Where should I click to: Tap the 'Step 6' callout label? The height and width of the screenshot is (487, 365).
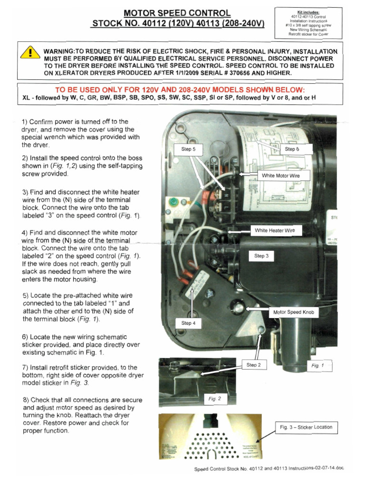(292, 149)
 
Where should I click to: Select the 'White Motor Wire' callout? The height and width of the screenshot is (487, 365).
(281, 175)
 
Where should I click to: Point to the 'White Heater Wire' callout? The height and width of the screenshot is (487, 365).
(275, 231)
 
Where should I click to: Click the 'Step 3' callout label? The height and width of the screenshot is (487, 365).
(261, 256)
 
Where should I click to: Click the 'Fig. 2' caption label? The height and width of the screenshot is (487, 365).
(215, 399)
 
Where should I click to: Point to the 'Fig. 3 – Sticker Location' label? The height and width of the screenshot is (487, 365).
(306, 427)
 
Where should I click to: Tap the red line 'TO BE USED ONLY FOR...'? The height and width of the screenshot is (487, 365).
(180, 90)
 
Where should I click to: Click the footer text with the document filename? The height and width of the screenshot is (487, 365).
(268, 469)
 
